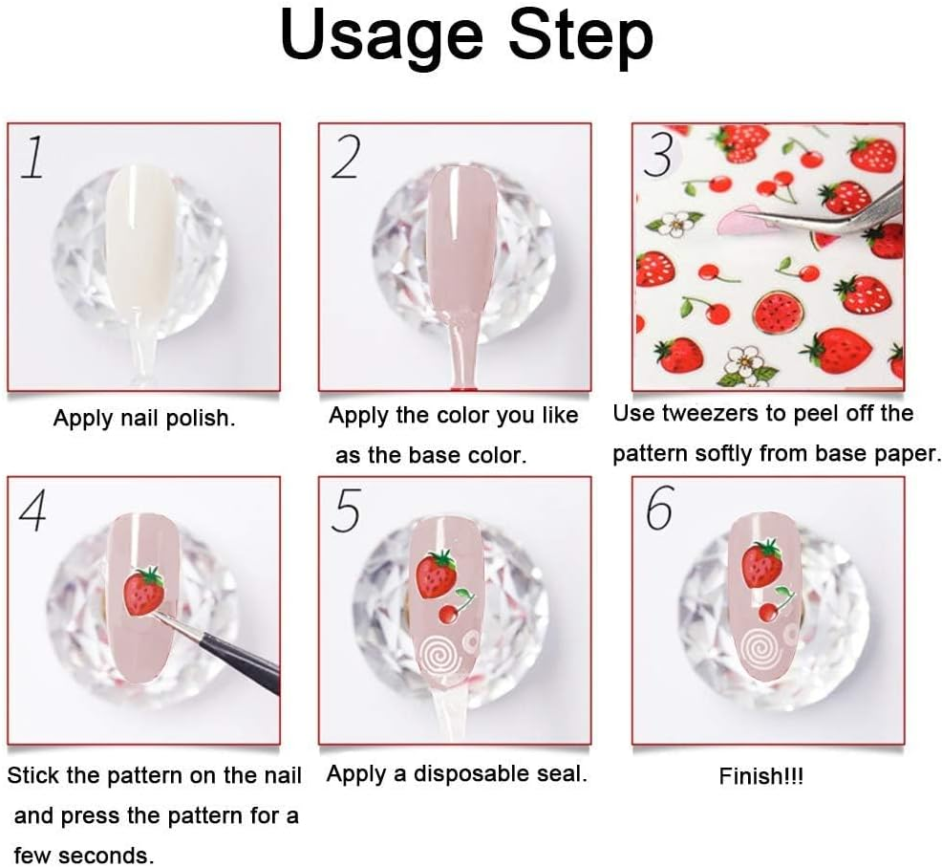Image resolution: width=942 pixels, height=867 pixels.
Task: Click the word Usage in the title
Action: coord(381,37)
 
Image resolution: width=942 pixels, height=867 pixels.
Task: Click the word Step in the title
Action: coord(581,37)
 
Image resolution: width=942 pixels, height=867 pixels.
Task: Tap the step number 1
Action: coord(32,157)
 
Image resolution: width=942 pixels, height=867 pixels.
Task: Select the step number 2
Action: coord(346,157)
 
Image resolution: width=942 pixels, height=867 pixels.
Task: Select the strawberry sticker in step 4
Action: coord(144,591)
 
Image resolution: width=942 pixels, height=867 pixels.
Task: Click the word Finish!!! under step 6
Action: coord(760,776)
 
